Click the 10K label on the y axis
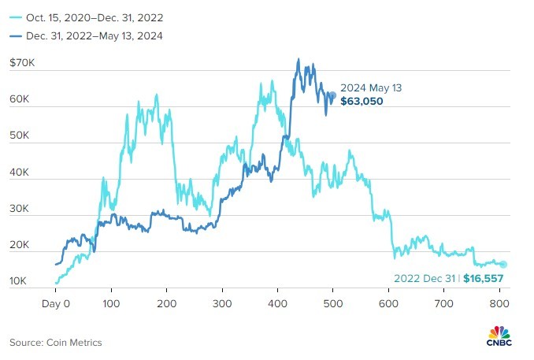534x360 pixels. coord(20,281)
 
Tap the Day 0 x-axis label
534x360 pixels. coord(56,302)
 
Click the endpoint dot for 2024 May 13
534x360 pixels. coord(332,95)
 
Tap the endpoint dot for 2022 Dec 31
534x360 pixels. coord(503,265)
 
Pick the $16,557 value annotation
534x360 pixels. coord(483,278)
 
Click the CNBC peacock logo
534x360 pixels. coord(500,334)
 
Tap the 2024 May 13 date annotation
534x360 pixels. coord(371,88)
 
